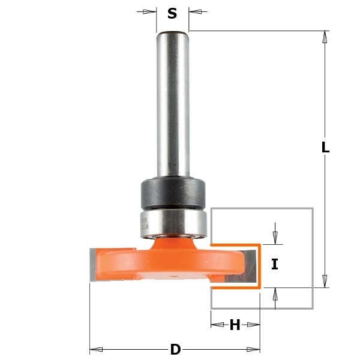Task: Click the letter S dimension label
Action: point(172,13)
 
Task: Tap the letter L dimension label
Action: point(326,147)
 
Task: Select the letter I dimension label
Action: point(275,264)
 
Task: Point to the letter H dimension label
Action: point(235,325)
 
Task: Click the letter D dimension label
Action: point(176,350)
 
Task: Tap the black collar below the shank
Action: point(173,193)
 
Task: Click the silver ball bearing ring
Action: point(173,223)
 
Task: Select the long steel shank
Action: point(173,104)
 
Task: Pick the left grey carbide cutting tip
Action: point(92,265)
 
